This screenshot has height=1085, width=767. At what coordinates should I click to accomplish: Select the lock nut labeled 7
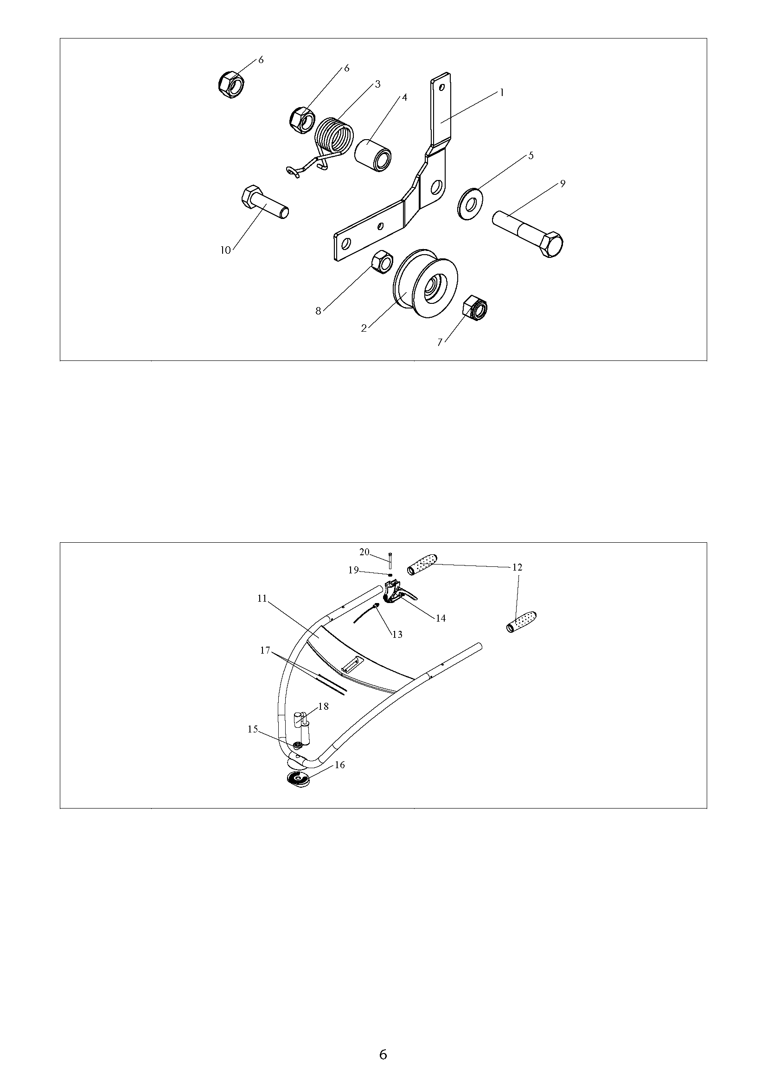tap(476, 308)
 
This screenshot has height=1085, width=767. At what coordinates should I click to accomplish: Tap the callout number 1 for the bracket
tap(502, 93)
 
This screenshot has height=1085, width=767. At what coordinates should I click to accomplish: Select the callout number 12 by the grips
tap(517, 567)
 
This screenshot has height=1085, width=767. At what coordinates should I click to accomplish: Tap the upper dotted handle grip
tap(423, 564)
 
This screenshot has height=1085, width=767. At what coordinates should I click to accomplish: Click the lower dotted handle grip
tap(521, 622)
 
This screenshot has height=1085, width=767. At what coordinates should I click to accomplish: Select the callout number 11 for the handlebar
tap(262, 598)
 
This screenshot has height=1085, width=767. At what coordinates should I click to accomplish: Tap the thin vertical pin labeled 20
tap(390, 560)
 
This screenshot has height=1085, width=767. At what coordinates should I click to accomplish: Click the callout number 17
tap(265, 650)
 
